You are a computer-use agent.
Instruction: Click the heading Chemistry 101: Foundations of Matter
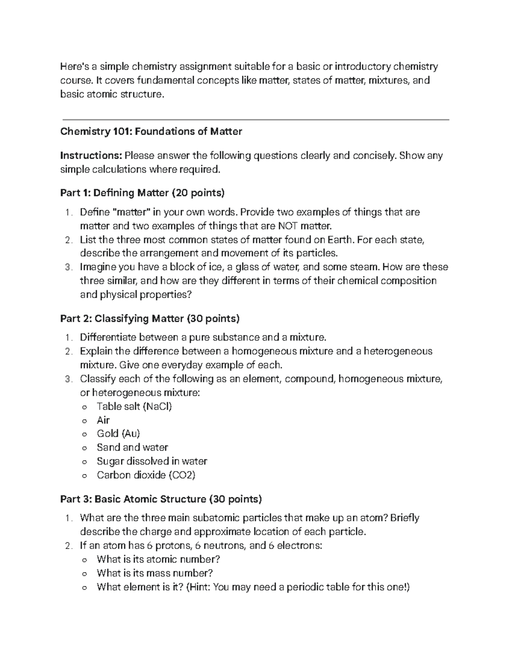151,132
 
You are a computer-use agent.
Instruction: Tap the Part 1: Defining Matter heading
142,193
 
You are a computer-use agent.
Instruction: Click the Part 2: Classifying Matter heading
150,318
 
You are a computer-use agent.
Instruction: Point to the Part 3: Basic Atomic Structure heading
161,499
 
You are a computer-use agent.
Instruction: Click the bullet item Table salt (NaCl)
134,406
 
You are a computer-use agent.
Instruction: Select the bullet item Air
103,420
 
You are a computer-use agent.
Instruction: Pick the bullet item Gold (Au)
118,434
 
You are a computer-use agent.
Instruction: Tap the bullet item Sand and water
132,447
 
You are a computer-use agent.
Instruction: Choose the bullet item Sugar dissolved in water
152,461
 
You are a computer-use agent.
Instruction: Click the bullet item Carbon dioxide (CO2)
146,475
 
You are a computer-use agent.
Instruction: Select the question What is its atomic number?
158,559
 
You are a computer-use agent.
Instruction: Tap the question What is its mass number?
154,573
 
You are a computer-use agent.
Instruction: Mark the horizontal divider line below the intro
256,120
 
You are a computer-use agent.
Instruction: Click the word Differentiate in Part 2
107,338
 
